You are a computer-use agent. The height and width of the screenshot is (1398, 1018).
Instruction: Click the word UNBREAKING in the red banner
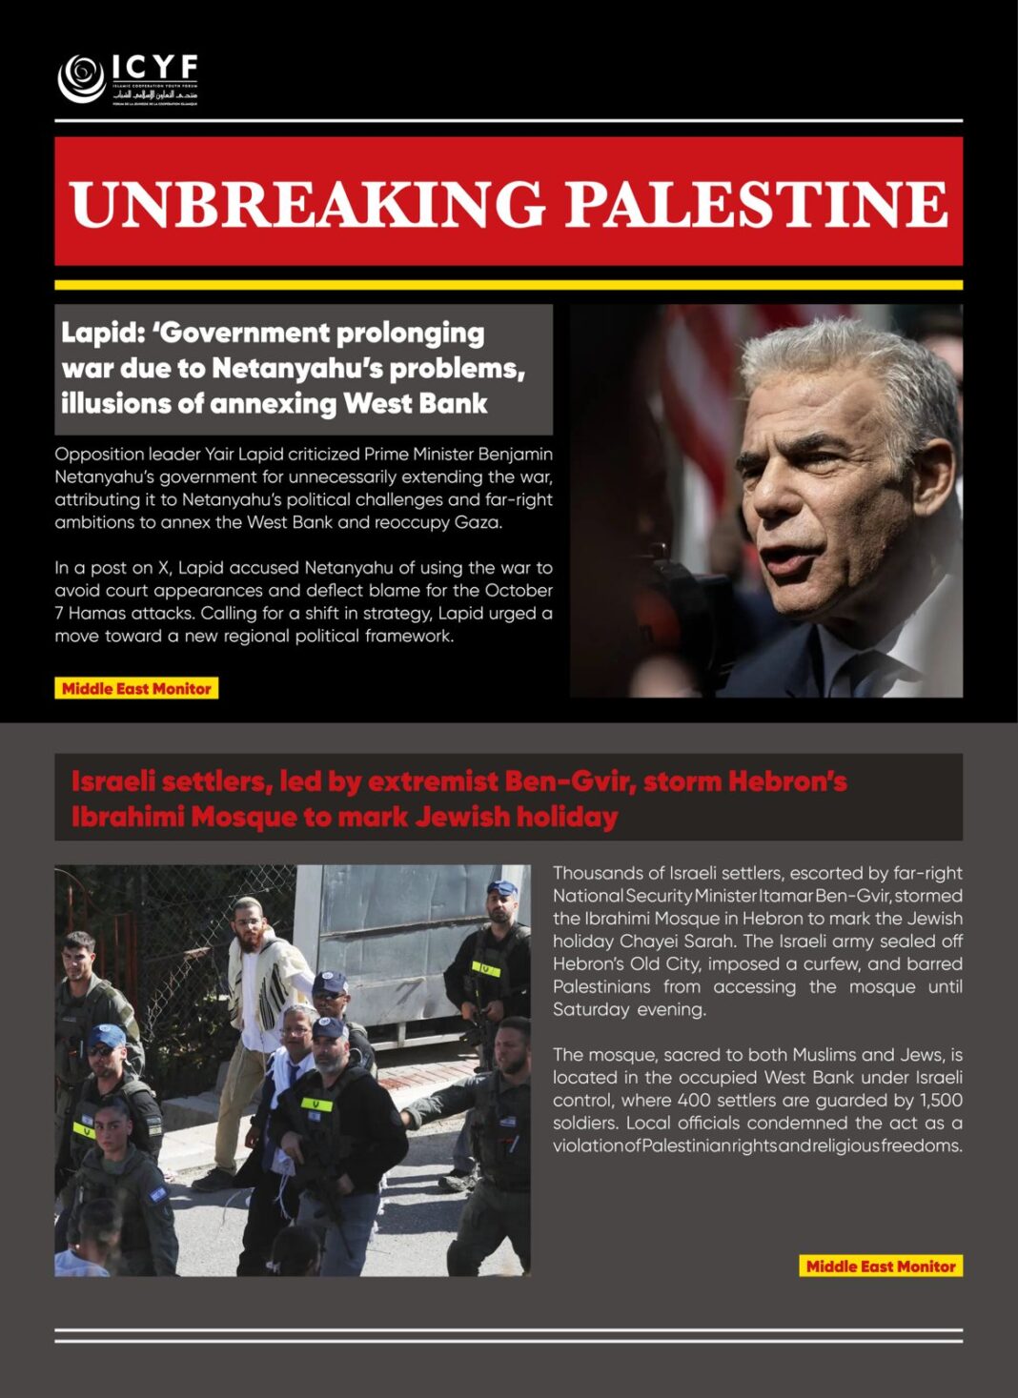point(307,203)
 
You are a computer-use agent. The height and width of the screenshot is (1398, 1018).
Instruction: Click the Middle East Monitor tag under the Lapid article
point(136,688)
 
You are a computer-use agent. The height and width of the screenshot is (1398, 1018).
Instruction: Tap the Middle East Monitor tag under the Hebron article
point(881,1266)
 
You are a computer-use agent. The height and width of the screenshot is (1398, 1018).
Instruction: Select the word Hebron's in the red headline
point(787,781)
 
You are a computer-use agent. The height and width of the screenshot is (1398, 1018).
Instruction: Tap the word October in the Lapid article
point(519,590)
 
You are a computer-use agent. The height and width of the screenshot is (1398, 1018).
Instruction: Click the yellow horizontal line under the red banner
point(508,284)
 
